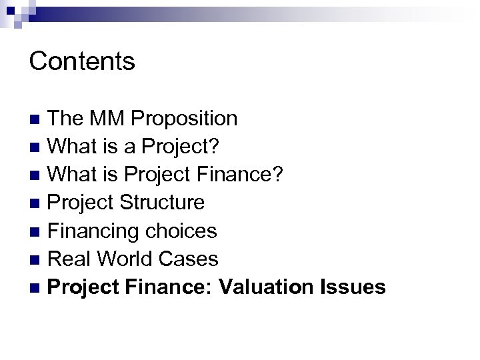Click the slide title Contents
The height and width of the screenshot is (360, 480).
coord(83,61)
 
